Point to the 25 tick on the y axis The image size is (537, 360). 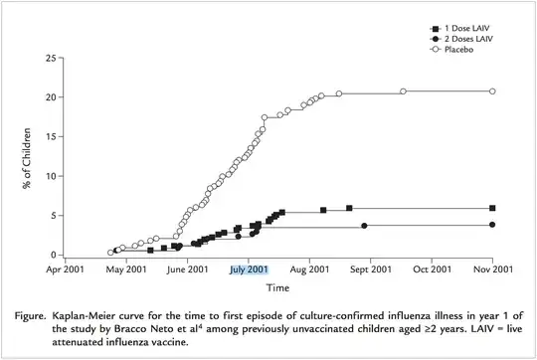tap(50, 59)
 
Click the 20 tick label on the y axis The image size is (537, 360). tap(50, 97)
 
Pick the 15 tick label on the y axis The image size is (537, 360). tap(50, 137)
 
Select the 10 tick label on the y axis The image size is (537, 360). tap(50, 176)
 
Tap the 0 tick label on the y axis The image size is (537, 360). tap(53, 255)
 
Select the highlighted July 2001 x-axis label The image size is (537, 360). tap(248, 269)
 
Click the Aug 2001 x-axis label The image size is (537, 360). tap(310, 269)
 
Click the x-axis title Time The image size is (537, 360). tap(277, 288)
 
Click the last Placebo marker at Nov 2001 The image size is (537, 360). tap(492, 91)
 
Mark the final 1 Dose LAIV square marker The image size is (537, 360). tap(492, 209)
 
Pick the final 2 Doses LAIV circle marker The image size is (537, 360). tap(492, 225)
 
